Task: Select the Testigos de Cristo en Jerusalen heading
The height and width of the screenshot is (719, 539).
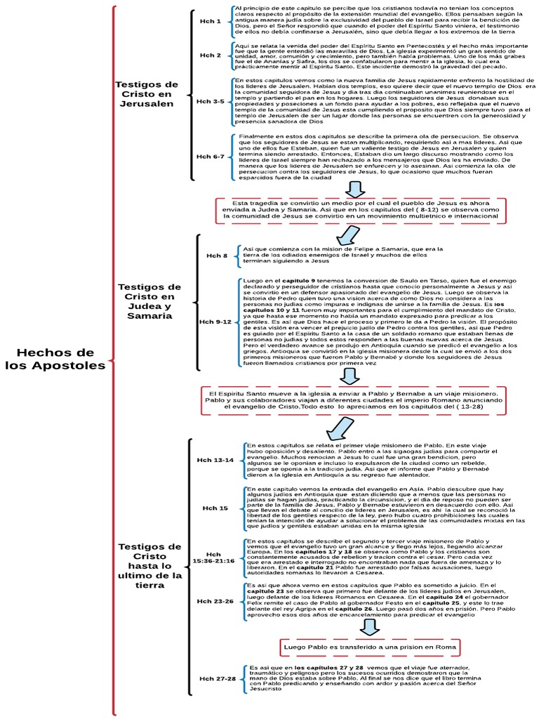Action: (x=147, y=94)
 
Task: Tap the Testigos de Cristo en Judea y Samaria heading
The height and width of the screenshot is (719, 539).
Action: (x=149, y=301)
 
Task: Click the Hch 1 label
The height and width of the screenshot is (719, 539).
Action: (x=210, y=21)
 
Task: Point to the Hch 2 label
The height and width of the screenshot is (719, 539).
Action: (x=210, y=55)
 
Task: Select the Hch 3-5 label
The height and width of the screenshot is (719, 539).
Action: (x=210, y=101)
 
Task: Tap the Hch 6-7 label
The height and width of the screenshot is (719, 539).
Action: (x=210, y=156)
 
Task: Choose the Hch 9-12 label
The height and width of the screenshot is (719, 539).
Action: (x=215, y=322)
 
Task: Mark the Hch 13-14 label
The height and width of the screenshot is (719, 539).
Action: (x=215, y=460)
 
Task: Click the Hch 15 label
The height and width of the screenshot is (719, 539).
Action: (x=215, y=508)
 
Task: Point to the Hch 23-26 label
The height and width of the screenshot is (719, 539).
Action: (x=215, y=601)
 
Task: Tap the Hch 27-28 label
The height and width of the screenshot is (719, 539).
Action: (x=217, y=679)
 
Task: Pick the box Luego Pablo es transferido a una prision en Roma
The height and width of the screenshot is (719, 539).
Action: (x=370, y=646)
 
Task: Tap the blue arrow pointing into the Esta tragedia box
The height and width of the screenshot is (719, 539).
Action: (x=364, y=188)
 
